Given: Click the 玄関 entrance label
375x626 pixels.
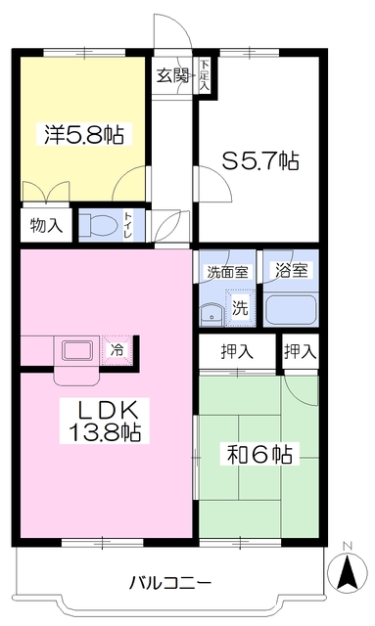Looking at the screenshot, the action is point(172,75).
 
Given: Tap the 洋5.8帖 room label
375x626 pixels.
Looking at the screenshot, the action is point(83,135).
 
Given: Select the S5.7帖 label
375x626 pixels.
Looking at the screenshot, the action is point(260,160).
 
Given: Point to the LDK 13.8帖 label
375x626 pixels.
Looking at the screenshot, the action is point(105,421).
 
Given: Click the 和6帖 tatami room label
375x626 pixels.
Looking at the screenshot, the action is point(259,454).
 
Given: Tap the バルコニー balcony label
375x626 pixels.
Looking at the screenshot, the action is point(170,583).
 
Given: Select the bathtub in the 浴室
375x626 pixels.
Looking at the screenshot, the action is point(290,309).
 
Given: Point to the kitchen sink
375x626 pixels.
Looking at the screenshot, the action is point(77,350).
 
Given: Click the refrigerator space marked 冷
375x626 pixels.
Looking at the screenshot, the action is point(117,350).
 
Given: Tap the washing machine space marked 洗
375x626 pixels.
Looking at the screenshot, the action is point(240,307).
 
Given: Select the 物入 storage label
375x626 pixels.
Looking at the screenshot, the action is point(47,226).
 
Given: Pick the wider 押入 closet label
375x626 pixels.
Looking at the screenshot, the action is point(237,352).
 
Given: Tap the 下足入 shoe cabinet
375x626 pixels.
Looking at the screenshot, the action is point(205,74).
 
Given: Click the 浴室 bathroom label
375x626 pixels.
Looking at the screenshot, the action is point(291,271).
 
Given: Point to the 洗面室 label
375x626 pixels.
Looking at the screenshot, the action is point(227,272).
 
